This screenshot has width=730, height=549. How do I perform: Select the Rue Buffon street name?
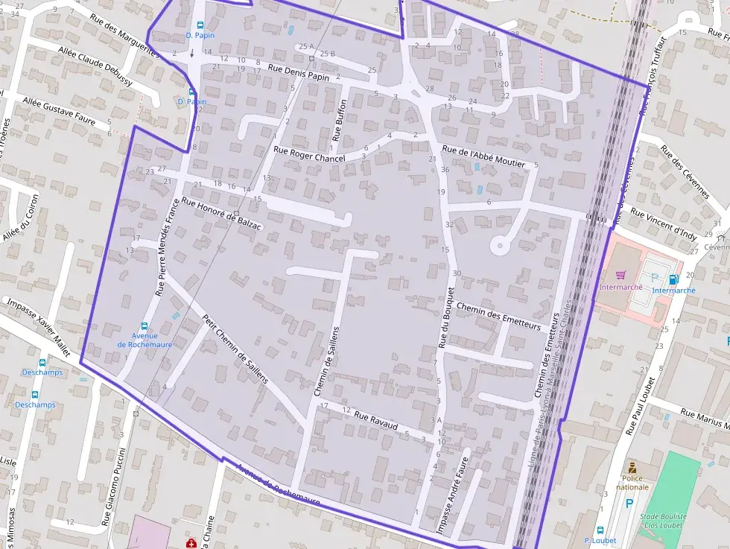339,120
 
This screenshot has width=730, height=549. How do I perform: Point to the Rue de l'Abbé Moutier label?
483,156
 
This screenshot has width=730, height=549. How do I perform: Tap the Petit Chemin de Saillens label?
235,348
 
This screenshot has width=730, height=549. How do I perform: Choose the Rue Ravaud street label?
376,423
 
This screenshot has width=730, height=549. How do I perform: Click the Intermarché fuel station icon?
673,279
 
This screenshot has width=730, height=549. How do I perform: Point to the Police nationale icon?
632,468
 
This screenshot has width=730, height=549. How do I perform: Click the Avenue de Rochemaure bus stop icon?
145,326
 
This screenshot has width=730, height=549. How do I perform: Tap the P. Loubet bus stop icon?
600,530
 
